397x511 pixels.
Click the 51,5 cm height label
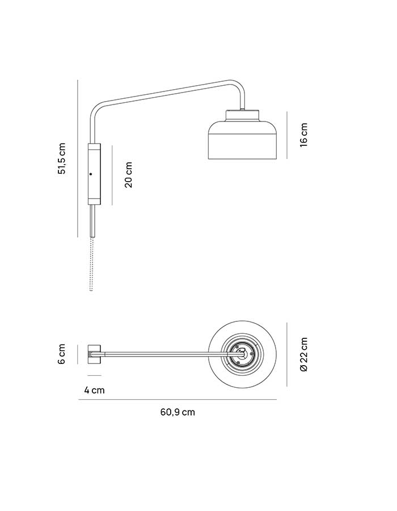[x=62, y=158]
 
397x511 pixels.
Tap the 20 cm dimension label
[x=129, y=175]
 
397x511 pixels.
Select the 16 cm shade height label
[x=303, y=135]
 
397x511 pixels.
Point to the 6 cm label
[x=62, y=354]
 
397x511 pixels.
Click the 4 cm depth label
[x=94, y=390]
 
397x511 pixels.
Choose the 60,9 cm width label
[x=178, y=412]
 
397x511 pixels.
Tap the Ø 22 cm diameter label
[x=303, y=354]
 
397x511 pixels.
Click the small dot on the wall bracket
[x=91, y=174]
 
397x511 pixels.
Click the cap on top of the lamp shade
[x=243, y=115]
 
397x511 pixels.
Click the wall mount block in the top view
[x=94, y=354]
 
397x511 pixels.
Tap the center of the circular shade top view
[x=242, y=354]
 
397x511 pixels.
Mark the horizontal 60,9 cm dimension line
[x=178, y=400]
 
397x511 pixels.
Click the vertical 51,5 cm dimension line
[x=78, y=158]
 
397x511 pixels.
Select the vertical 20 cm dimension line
[x=112, y=175]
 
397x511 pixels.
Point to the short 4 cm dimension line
[x=94, y=375]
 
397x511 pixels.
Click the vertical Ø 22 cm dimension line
[x=286, y=354]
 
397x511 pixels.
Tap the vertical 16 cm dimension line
[x=286, y=135]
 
